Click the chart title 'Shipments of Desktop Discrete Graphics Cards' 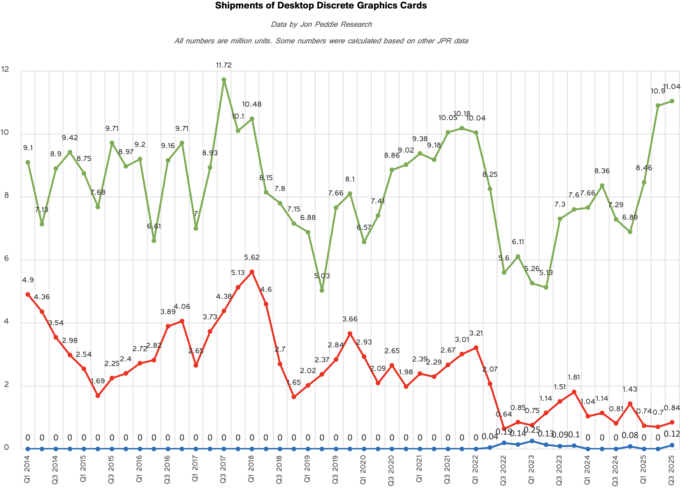click(321, 5)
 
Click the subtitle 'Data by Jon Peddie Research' click(321, 24)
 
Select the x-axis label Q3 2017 click(223, 469)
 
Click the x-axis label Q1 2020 click(363, 469)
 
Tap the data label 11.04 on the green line click(671, 87)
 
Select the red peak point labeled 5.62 click(252, 272)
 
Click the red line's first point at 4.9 click(28, 294)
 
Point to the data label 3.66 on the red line click(350, 319)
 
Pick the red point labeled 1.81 click(574, 392)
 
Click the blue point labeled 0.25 click(532, 441)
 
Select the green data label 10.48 click(252, 104)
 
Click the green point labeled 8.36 click(602, 186)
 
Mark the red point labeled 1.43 click(630, 404)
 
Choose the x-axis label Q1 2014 click(27, 469)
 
